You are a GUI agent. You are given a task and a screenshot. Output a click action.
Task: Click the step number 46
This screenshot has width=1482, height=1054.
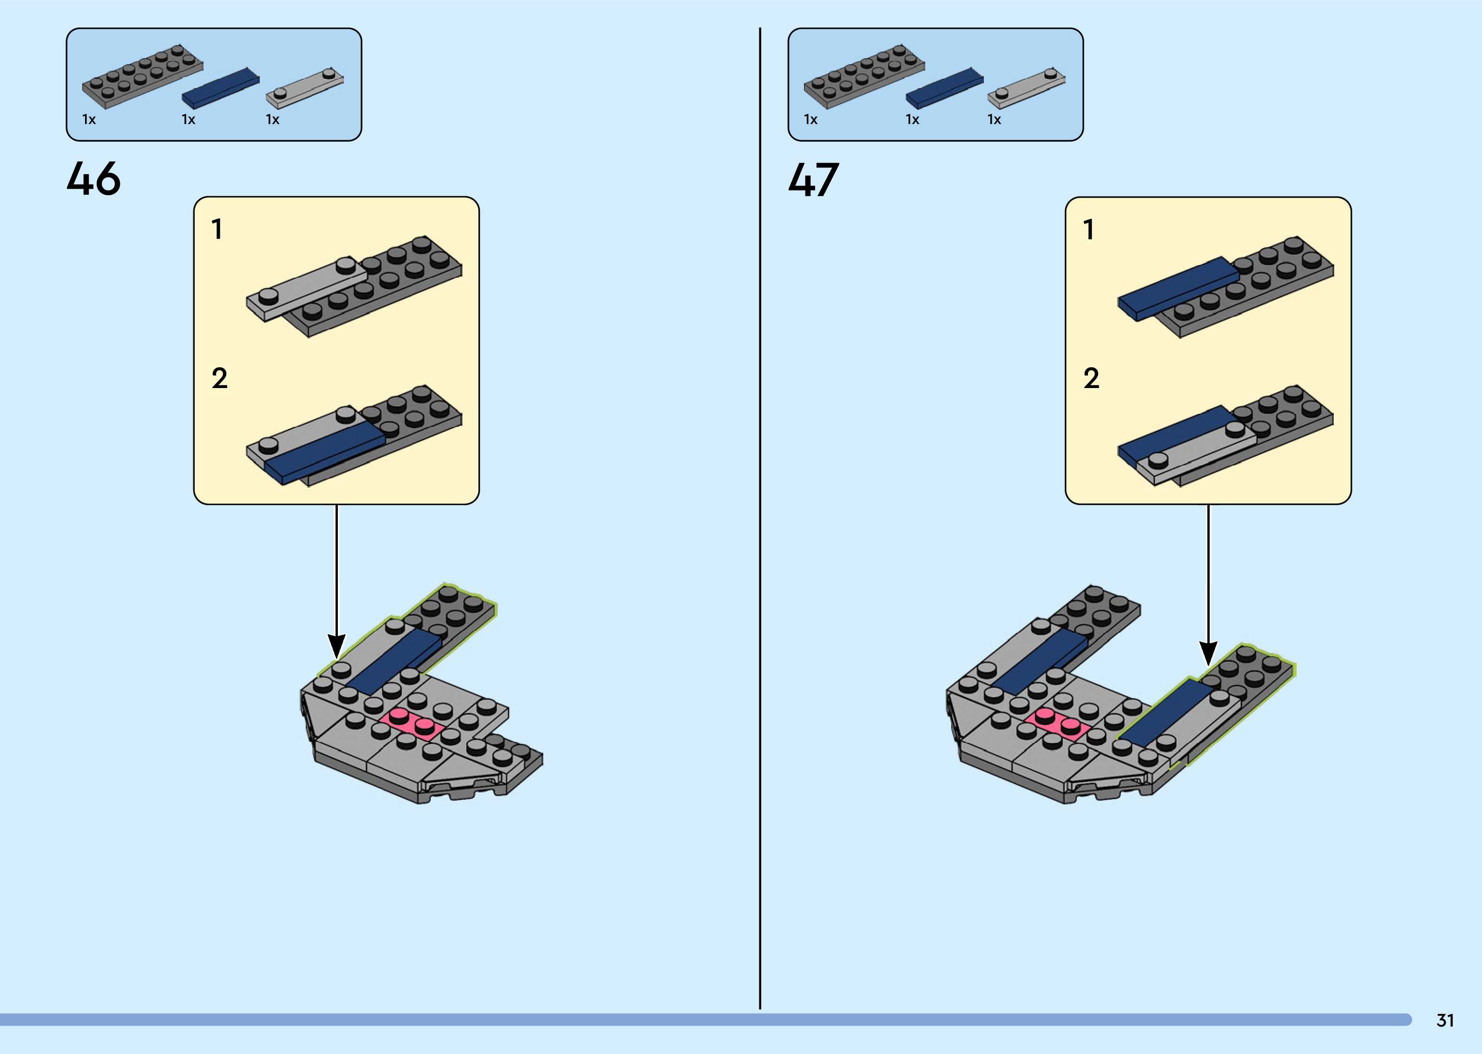(93, 178)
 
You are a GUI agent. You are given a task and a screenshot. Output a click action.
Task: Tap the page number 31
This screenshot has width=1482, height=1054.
(1445, 1021)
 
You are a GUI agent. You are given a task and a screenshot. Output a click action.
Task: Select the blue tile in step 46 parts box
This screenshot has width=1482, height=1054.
(221, 88)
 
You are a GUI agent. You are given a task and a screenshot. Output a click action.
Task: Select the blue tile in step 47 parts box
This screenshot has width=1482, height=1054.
(945, 88)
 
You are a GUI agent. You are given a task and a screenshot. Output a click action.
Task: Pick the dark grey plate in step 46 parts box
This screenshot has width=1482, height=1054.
(143, 76)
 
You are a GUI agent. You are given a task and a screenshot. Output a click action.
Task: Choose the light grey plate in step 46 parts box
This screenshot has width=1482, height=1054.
(305, 88)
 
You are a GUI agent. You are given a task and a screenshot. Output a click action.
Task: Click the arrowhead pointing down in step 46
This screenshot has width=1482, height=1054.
(336, 646)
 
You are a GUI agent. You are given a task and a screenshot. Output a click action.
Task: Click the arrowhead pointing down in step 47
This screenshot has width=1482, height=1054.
(1208, 653)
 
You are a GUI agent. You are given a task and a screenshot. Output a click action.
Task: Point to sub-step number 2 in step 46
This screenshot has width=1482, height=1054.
(219, 378)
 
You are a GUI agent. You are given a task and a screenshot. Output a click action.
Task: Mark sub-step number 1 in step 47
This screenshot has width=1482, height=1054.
(1089, 229)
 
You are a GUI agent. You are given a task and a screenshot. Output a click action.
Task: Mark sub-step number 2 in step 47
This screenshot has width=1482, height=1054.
(1091, 378)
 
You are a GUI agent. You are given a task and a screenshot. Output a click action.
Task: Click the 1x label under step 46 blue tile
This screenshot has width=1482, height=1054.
(188, 119)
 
